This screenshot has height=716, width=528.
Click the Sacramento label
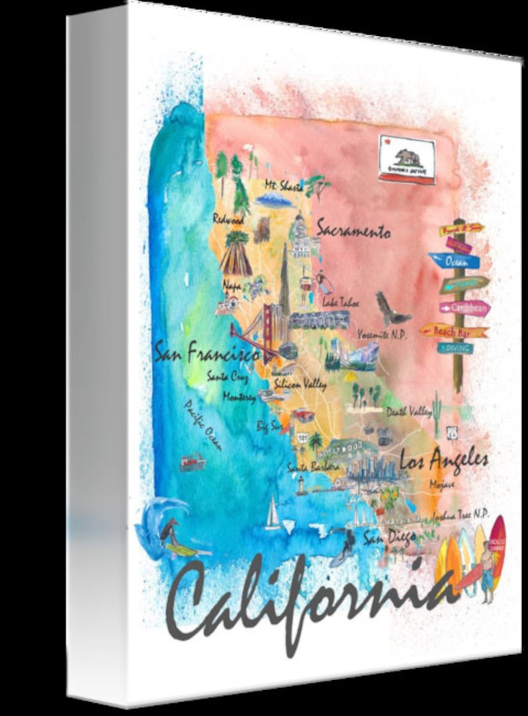click(352, 231)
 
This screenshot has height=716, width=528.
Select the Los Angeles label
click(444, 459)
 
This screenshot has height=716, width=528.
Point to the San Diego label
click(389, 537)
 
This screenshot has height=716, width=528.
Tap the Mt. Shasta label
click(283, 185)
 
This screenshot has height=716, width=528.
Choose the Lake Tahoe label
click(340, 302)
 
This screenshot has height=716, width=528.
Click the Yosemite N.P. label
click(382, 333)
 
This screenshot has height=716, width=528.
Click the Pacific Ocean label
click(203, 425)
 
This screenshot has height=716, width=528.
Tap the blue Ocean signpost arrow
click(455, 261)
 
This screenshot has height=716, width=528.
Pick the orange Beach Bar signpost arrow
click(455, 330)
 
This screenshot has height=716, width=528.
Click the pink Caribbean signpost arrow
click(465, 308)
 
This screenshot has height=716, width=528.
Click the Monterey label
click(239, 398)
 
